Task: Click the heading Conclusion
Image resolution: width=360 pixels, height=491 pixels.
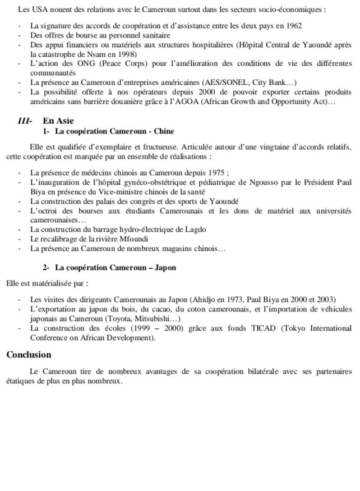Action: (x=29, y=355)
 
